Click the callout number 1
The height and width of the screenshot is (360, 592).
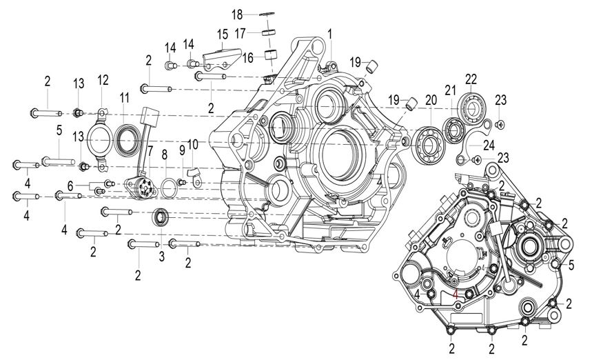click(x=329, y=34)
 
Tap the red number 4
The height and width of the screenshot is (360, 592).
click(x=456, y=294)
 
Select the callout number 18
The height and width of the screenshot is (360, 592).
click(x=237, y=14)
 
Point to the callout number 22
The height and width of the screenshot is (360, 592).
click(x=471, y=79)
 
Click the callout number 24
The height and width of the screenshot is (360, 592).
click(x=489, y=145)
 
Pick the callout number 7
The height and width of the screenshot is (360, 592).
click(x=150, y=151)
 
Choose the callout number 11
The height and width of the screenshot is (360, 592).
click(x=125, y=98)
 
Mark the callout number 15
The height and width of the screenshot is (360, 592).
click(x=223, y=34)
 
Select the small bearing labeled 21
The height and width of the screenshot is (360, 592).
click(x=453, y=130)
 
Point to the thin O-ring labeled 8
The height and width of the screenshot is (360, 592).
click(x=169, y=188)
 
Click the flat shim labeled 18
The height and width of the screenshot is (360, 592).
click(x=267, y=14)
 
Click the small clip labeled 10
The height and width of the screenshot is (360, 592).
click(x=196, y=177)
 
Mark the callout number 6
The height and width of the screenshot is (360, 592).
click(x=70, y=186)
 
